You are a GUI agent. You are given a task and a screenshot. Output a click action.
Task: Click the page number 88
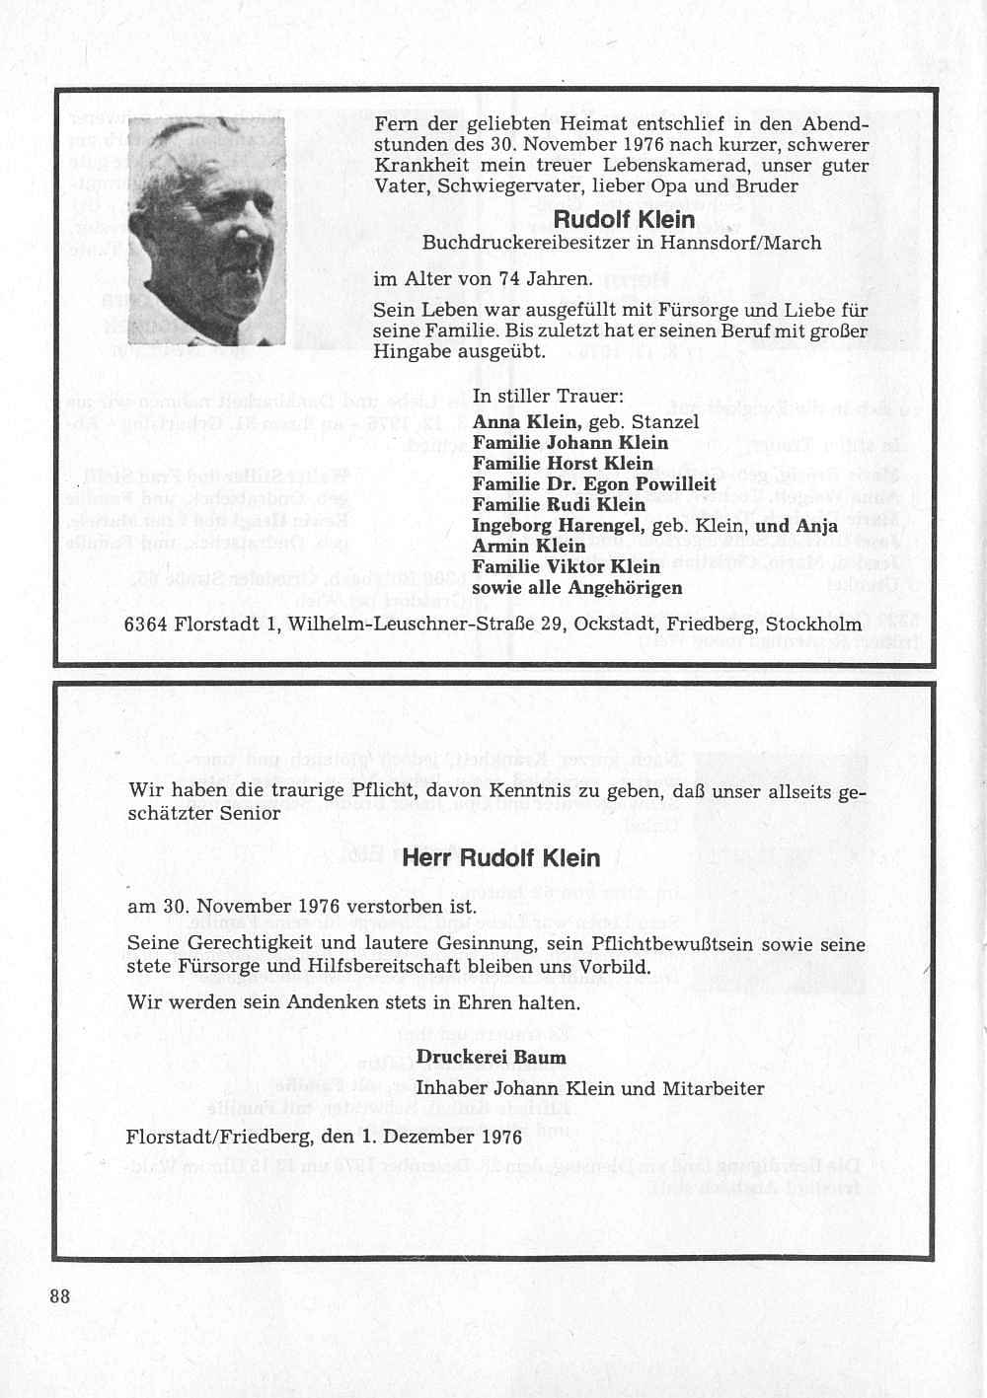60,1295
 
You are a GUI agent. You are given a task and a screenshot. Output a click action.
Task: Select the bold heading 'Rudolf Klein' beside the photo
624,219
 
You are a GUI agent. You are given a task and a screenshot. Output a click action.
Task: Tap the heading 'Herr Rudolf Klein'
500,857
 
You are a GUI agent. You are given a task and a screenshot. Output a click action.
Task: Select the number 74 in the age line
509,279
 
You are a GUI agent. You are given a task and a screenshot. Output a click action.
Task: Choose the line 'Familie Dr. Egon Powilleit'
593,483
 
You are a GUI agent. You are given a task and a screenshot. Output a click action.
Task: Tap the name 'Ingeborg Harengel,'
559,525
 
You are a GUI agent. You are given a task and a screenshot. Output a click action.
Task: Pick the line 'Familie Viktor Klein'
566,566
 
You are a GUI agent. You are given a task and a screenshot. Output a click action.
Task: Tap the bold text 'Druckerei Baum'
491,1057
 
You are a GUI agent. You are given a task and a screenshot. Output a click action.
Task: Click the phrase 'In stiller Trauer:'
547,398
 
